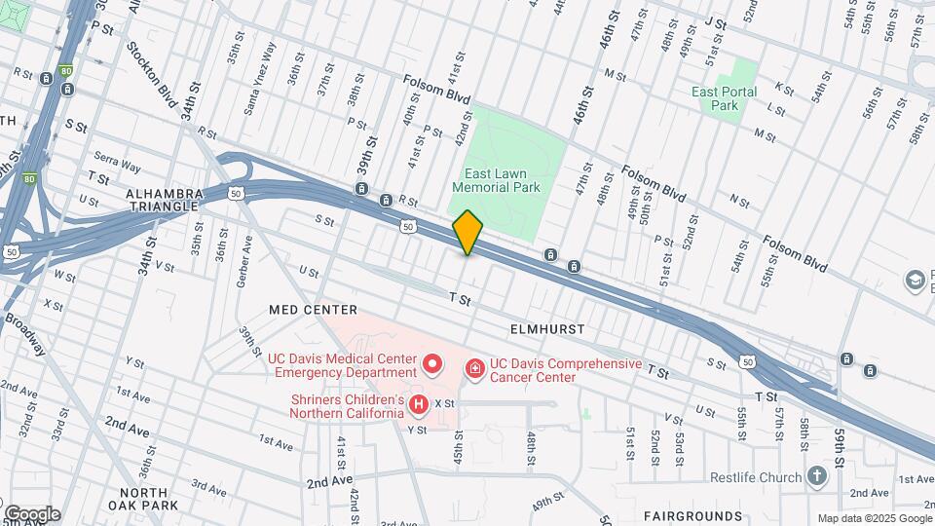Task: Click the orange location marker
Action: click(x=467, y=233)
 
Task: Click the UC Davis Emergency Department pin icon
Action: click(x=433, y=365)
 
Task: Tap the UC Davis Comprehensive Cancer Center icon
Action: click(x=474, y=368)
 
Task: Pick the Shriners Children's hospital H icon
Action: click(x=419, y=403)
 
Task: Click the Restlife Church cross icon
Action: click(x=816, y=477)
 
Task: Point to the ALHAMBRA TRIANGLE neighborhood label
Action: click(x=163, y=200)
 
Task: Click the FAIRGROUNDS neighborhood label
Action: click(x=692, y=514)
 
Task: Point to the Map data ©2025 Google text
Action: click(x=874, y=518)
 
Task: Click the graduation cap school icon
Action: click(x=916, y=281)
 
